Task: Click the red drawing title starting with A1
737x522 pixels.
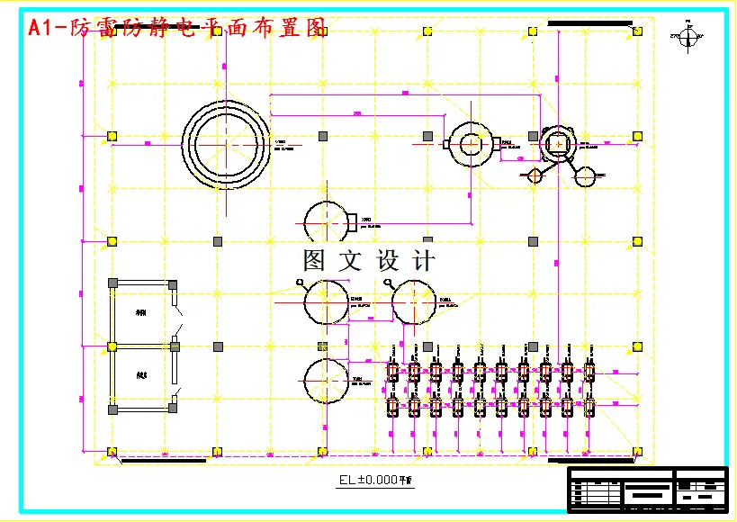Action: pos(176,28)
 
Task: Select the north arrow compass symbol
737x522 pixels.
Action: pos(688,37)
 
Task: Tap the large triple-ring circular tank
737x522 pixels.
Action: pos(225,143)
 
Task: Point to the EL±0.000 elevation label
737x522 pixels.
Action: pos(374,480)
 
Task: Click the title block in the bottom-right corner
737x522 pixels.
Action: pos(646,489)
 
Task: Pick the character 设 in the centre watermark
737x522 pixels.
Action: pos(388,261)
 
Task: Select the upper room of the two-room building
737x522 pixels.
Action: pos(142,314)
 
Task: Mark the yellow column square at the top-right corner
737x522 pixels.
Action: pos(637,31)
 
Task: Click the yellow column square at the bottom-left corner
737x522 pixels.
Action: pos(112,451)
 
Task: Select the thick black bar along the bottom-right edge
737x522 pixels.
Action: pos(594,461)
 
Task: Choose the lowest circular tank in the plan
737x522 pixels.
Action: pos(325,381)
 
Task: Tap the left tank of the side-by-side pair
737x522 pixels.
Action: pos(325,301)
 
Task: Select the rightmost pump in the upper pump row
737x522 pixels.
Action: pos(589,370)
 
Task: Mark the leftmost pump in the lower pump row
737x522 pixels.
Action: pos(392,406)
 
